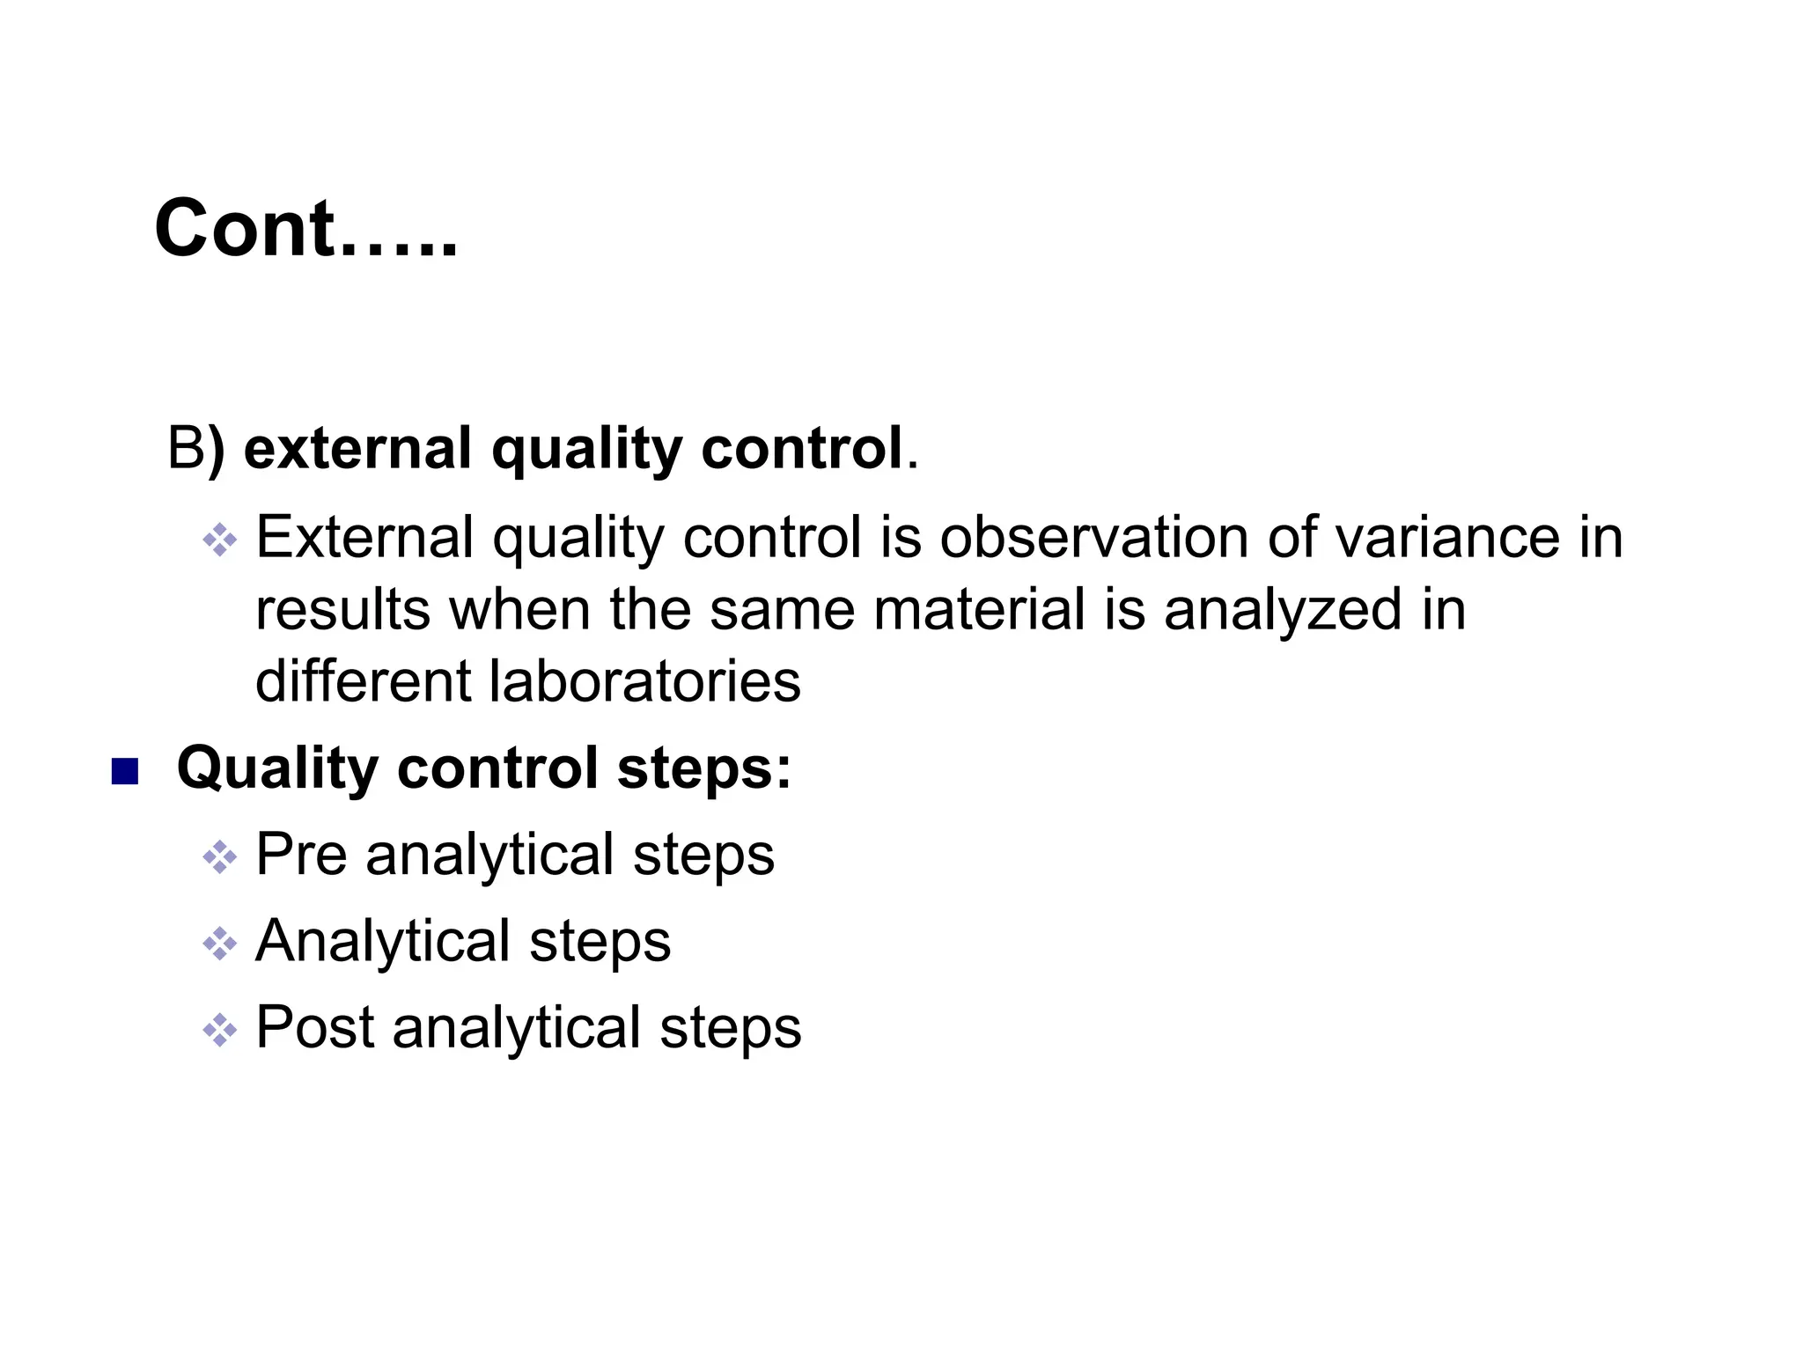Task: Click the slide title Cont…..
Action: [x=305, y=228]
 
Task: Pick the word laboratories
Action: [x=644, y=681]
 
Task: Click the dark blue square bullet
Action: [x=125, y=771]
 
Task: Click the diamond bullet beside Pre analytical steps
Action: [x=219, y=856]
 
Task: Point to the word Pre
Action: [x=301, y=854]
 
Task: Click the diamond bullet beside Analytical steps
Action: [x=219, y=944]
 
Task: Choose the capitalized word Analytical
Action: [x=382, y=941]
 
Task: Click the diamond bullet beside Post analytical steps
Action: [x=219, y=1030]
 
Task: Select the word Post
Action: [x=314, y=1027]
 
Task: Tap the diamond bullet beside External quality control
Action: [x=219, y=540]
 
